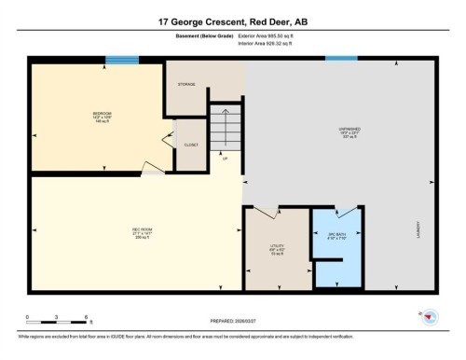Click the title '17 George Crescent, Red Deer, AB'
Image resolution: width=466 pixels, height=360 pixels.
tap(232, 20)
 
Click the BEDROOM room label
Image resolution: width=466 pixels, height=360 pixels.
tap(102, 117)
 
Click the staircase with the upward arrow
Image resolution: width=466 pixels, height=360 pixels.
tap(225, 126)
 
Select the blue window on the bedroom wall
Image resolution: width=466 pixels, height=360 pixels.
tap(121, 60)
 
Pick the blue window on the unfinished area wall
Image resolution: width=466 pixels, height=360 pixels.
tap(341, 60)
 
